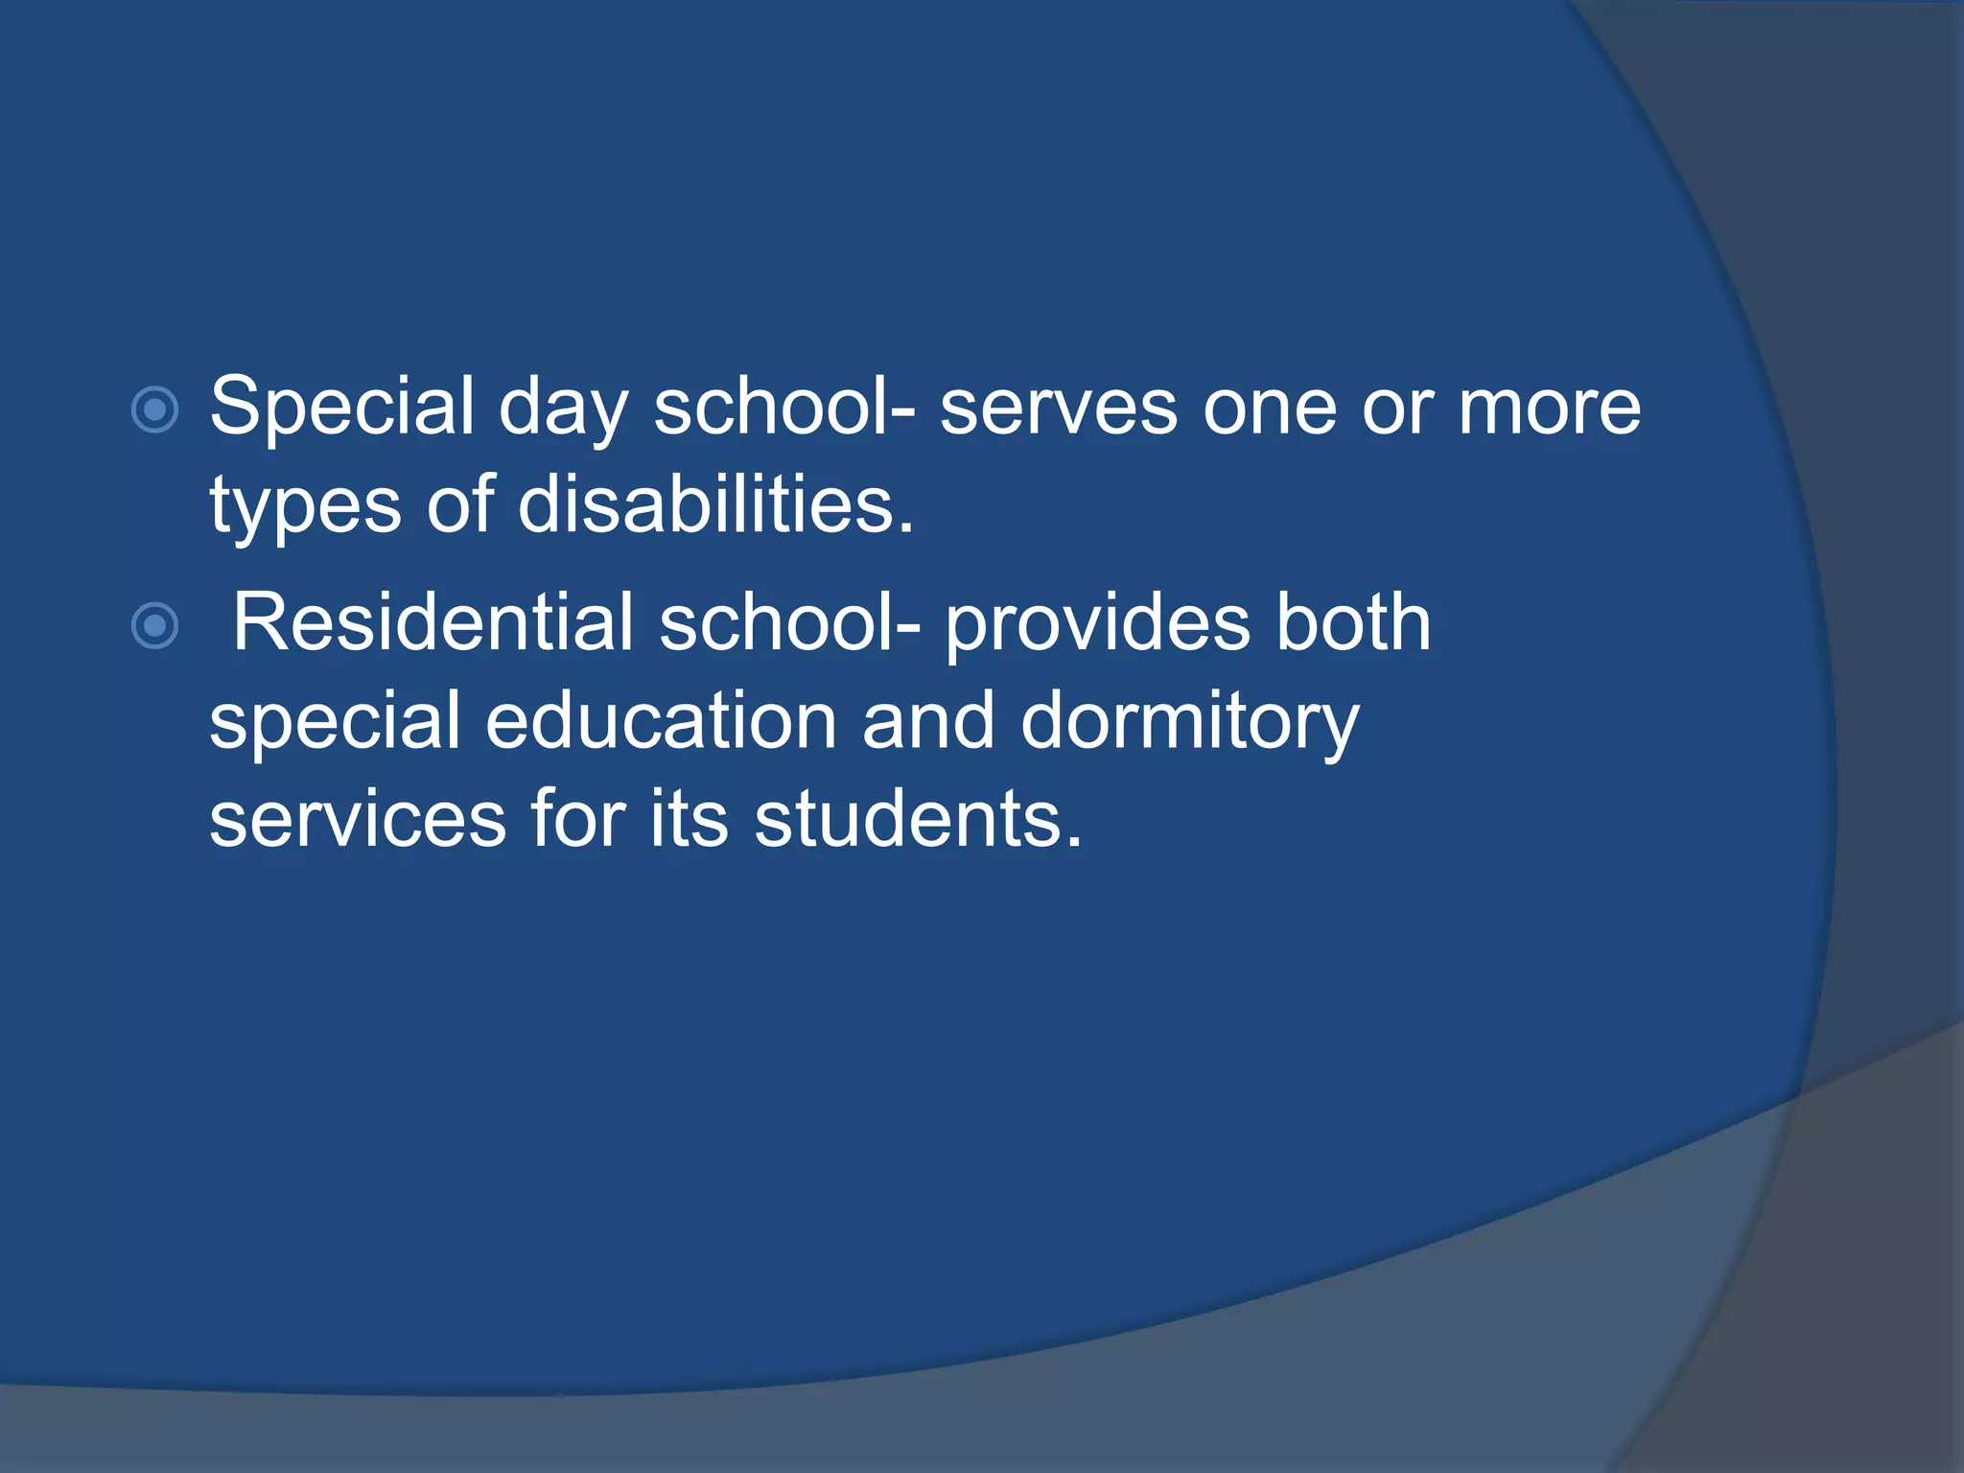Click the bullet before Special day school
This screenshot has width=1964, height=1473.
154,410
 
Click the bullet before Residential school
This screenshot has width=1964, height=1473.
154,626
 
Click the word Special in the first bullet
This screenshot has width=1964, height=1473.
341,407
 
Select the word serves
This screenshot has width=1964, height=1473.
1058,409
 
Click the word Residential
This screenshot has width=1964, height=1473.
433,622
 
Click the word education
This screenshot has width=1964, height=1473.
661,721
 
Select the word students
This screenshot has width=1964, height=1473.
918,820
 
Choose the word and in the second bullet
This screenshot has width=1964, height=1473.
927,721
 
